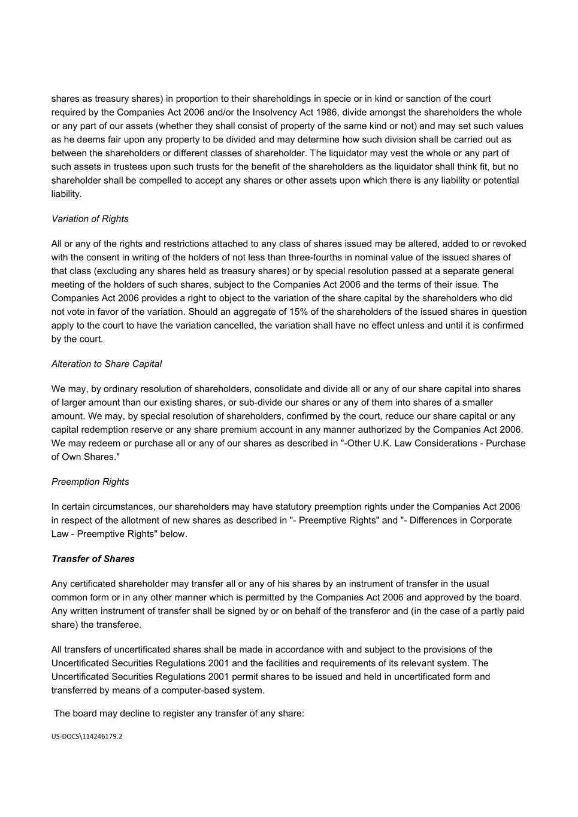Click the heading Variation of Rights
coord(90,219)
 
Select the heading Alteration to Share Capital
coord(107,364)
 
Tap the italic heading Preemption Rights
coord(90,482)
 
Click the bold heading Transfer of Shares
coord(93,559)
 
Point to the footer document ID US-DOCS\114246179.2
coord(87,737)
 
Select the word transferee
coord(121,625)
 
